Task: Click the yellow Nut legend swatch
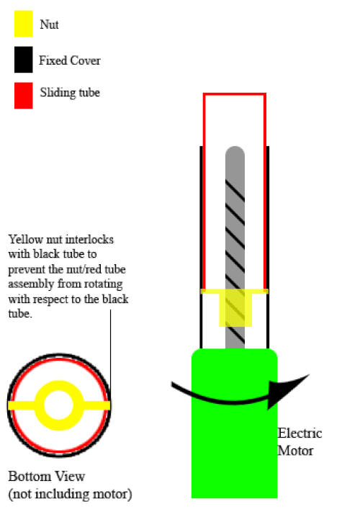23,24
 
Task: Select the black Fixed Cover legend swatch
23,59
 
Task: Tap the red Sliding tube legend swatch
23,96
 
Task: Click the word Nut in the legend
49,24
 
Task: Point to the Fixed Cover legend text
70,60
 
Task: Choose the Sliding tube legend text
70,92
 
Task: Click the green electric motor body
235,423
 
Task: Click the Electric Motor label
300,442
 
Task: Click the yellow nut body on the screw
235,307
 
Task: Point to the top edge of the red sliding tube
235,95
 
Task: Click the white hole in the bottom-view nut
59,405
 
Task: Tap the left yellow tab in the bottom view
22,405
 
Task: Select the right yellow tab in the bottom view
96,405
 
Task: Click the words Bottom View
47,477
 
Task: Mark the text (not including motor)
70,494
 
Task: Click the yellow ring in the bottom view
59,384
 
